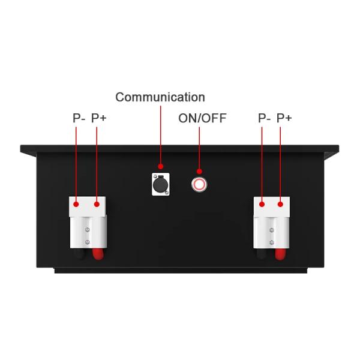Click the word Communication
160,97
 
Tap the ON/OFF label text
202,118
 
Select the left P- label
79,118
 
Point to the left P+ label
99,118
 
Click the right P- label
265,118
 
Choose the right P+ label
284,118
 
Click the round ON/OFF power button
199,184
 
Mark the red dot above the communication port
160,166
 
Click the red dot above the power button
199,171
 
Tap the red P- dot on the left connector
76,204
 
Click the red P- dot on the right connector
262,204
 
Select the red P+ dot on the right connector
280,204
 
